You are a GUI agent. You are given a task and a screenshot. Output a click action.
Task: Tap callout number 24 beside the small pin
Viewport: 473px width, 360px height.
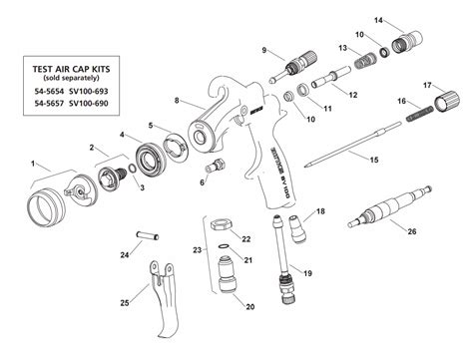125,256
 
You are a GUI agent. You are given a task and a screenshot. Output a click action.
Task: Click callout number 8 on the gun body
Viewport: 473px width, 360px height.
178,101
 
